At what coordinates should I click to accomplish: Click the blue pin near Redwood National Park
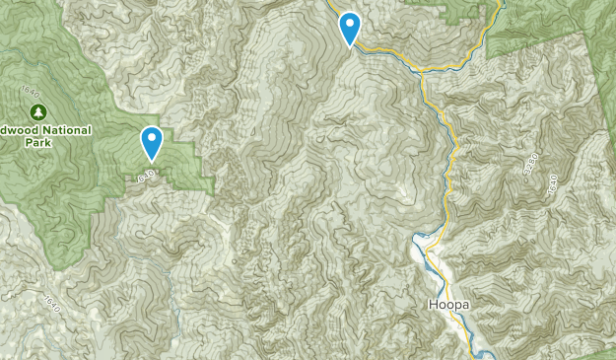tap(152, 144)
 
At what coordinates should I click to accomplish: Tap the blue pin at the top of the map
tap(350, 29)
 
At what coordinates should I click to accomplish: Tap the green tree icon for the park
tap(37, 110)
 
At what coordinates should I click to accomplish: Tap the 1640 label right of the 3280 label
tap(551, 183)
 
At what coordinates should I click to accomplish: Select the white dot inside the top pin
tap(350, 22)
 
